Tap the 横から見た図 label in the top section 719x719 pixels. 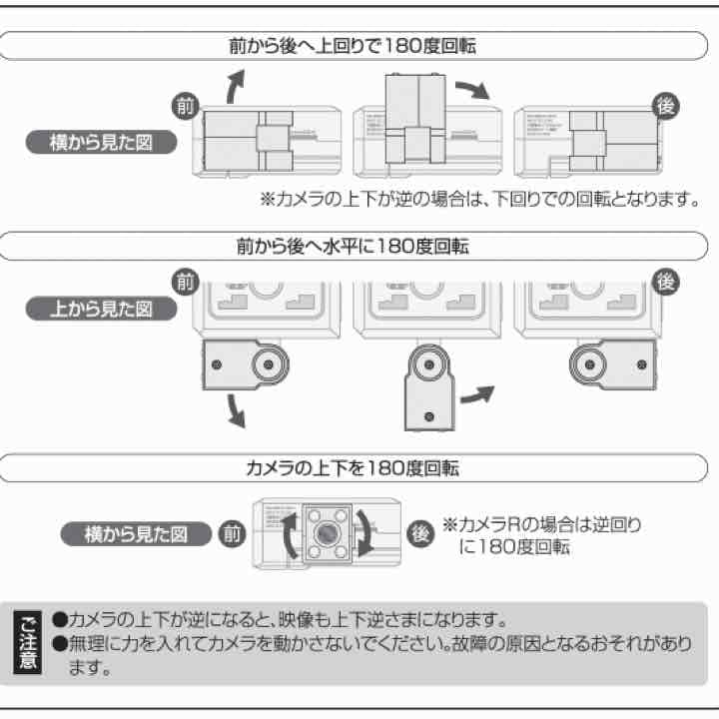100,142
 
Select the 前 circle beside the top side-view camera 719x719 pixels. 185,104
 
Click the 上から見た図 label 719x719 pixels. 100,309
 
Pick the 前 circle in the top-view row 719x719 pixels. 185,282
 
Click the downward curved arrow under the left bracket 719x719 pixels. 235,409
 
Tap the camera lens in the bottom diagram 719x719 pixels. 325,533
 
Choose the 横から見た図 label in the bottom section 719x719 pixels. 137,534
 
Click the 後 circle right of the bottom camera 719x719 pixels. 420,533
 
